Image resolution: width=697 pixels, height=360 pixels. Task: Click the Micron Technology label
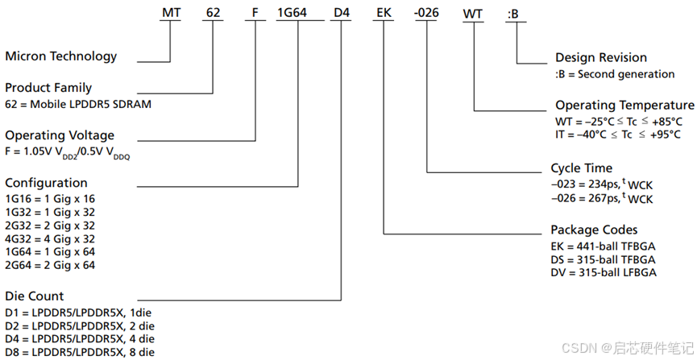(61, 56)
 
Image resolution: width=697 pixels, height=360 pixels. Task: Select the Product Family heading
(48, 87)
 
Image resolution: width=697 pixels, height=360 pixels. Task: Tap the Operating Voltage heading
(60, 135)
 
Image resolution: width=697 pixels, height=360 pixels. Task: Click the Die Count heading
(34, 296)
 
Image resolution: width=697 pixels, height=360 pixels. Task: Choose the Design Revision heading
(600, 58)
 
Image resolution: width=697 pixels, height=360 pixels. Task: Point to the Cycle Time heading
(581, 168)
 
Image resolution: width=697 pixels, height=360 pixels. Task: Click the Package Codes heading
(594, 230)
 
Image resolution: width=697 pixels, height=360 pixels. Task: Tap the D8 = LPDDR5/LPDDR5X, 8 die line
(80, 352)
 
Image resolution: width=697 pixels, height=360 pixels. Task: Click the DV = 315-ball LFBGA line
(604, 272)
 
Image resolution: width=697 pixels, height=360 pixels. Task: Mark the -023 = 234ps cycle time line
(601, 184)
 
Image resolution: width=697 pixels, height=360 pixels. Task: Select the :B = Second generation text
(615, 74)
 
